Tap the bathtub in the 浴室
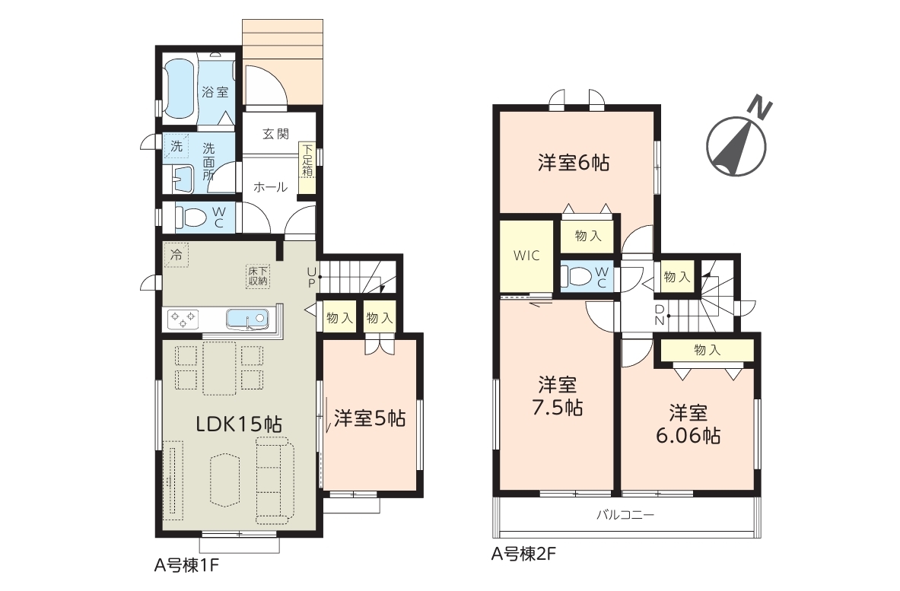180,91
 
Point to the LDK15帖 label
239,424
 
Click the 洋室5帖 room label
370,418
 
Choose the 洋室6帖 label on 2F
574,163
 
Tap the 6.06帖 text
689,436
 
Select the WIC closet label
526,256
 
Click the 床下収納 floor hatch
258,277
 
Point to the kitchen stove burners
183,319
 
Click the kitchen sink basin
247,319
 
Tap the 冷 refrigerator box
177,255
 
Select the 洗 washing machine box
177,147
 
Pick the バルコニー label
625,515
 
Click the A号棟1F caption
186,566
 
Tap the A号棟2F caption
523,554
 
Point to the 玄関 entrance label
275,134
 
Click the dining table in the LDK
219,368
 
